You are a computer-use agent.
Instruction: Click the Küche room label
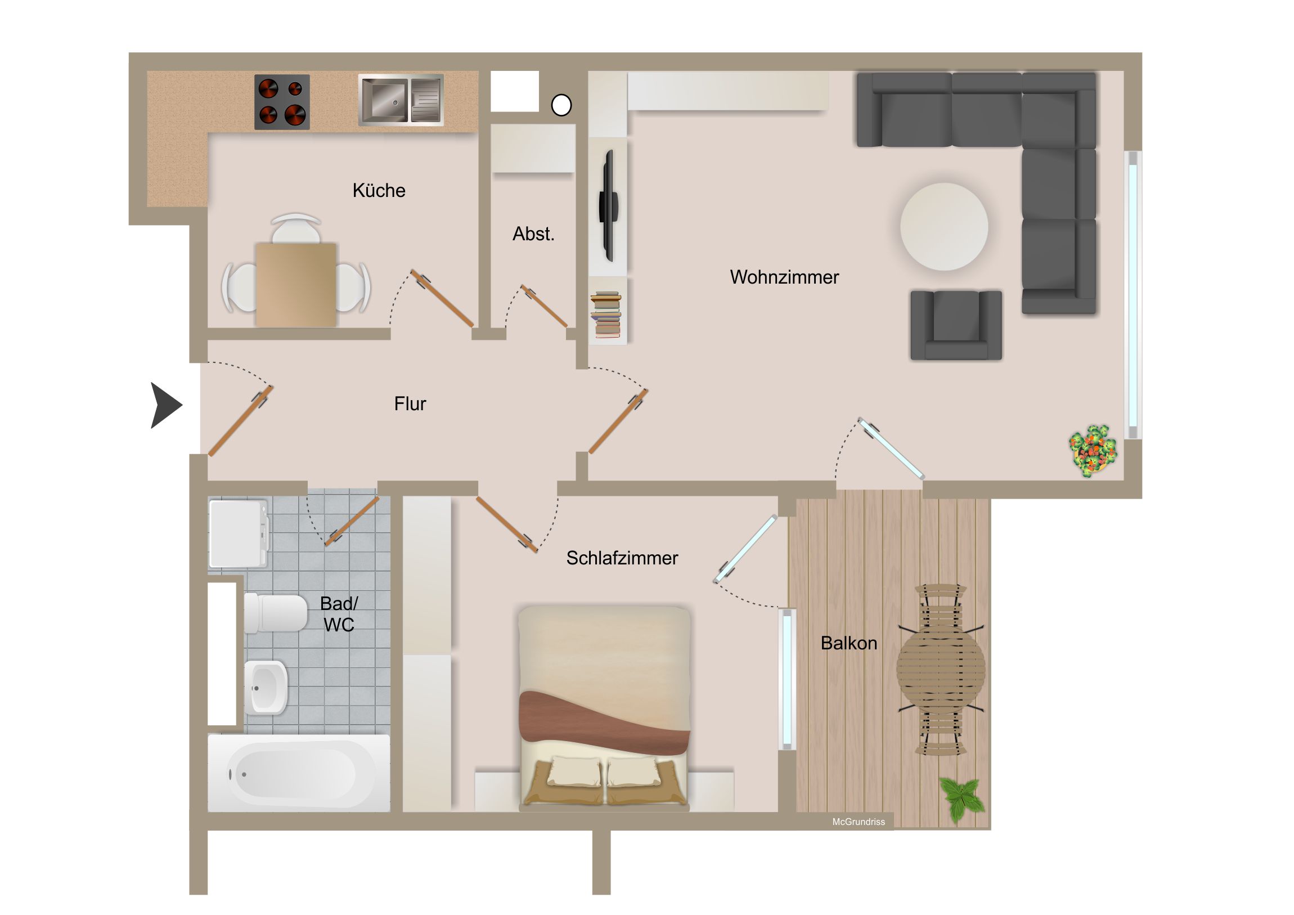pos(379,191)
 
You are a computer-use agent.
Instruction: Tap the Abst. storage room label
pos(533,234)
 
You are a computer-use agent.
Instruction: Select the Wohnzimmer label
pos(784,277)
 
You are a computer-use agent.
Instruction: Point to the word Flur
pos(410,403)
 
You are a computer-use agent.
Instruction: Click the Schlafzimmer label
pos(622,558)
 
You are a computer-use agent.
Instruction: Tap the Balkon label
pos(849,643)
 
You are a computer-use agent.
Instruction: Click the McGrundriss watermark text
pos(859,822)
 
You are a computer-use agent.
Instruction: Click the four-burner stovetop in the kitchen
pos(282,102)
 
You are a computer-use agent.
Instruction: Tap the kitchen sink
pos(401,100)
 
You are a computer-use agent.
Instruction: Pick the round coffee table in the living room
pos(944,227)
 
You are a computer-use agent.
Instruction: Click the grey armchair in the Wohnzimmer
pos(956,325)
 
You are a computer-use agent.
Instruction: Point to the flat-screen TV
pos(608,206)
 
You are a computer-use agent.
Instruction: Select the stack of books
pos(606,315)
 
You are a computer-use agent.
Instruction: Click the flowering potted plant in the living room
pos(1093,450)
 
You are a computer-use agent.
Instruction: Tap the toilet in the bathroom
pos(276,612)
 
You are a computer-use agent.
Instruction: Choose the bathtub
pos(299,773)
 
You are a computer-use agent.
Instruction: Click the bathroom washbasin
pos(266,687)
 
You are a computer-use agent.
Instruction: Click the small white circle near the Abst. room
pos(561,105)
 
